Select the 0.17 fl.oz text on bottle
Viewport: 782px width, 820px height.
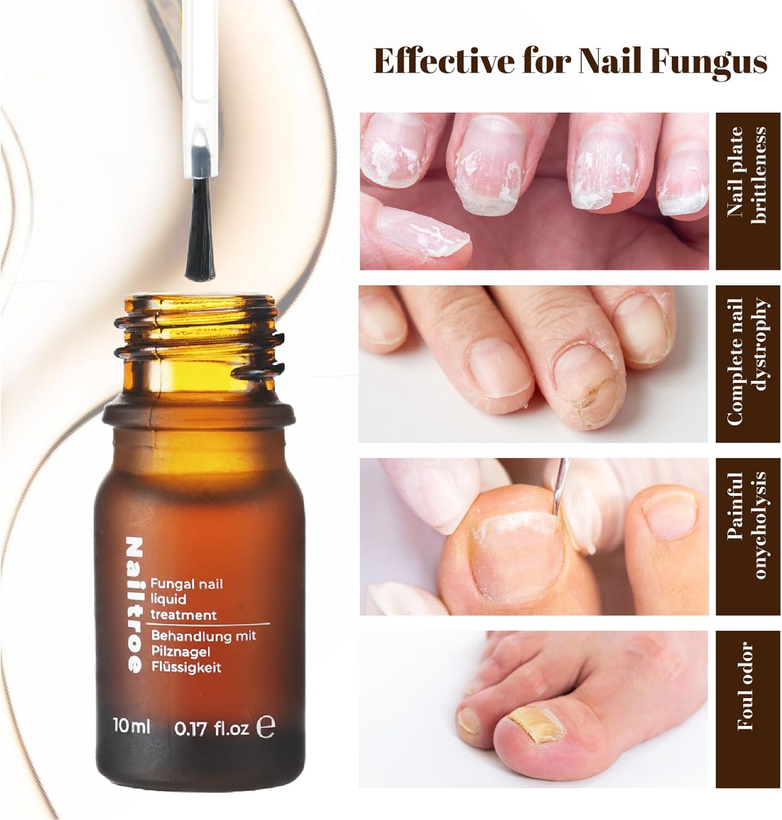point(212,728)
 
